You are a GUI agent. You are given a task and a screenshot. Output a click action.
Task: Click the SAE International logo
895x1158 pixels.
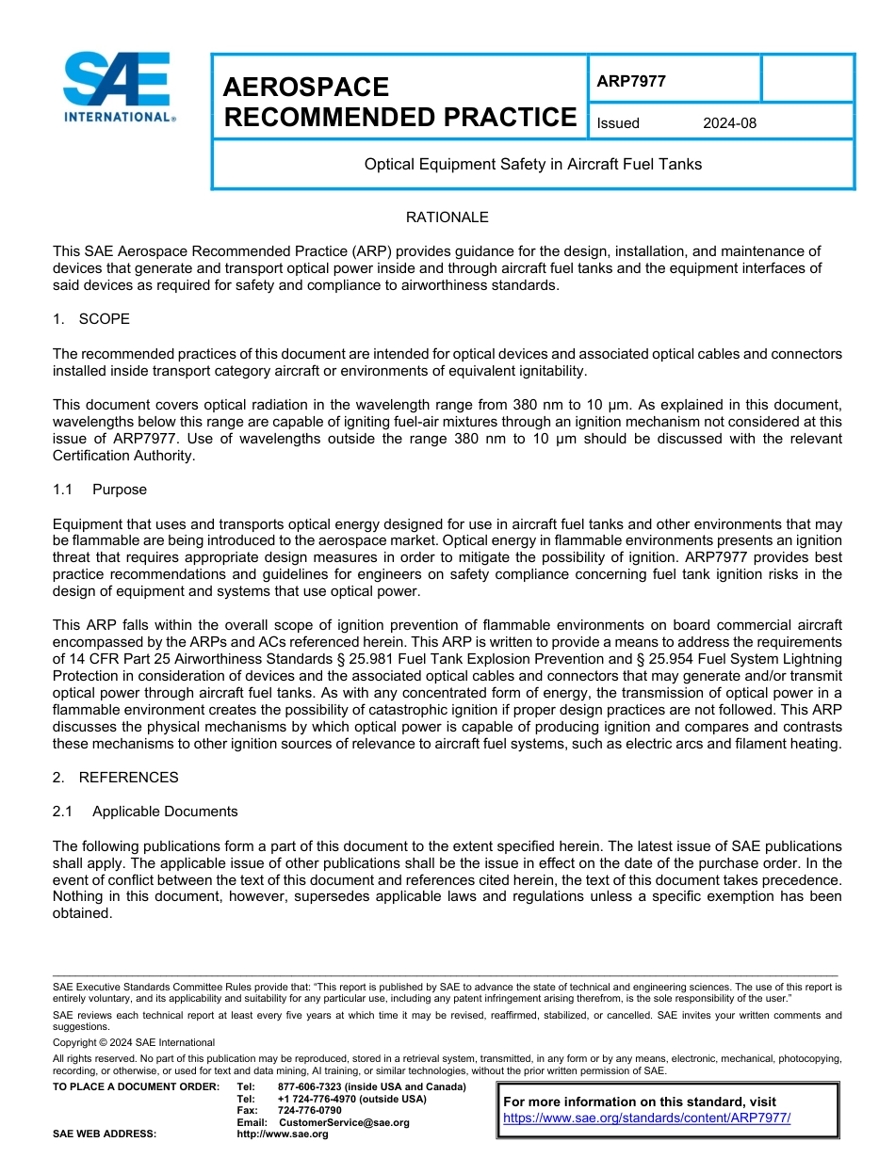coord(117,88)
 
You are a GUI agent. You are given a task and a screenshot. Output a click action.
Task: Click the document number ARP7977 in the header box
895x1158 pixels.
coord(631,81)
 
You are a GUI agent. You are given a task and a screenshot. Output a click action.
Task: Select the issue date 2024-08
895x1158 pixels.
coord(729,123)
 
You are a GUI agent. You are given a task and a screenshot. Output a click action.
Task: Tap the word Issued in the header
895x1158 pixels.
coord(618,123)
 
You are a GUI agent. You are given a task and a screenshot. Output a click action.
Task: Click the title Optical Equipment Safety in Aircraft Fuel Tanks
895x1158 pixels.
coord(533,164)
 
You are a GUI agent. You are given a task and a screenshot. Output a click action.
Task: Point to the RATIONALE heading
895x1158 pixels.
coord(447,217)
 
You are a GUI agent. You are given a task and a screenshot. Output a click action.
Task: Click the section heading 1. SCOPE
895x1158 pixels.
coord(91,319)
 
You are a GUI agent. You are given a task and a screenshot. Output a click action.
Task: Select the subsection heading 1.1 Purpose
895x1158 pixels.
coord(100,490)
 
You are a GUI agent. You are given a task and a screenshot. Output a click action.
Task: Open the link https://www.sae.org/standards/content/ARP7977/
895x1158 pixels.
coord(646,1118)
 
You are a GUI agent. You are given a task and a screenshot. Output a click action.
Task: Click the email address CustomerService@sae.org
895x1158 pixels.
coord(344,1122)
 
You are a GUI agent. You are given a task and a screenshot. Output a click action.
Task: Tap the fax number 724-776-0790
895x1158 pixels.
coord(309,1111)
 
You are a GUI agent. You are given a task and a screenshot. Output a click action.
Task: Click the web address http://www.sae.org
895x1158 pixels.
coord(282,1134)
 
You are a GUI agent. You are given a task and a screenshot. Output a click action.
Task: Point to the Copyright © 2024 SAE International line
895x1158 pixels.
coord(134,1042)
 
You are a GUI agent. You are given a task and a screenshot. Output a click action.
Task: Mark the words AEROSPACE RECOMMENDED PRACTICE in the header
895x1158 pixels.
coord(399,102)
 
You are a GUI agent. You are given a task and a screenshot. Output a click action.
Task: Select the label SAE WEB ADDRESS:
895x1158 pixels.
coord(105,1134)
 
